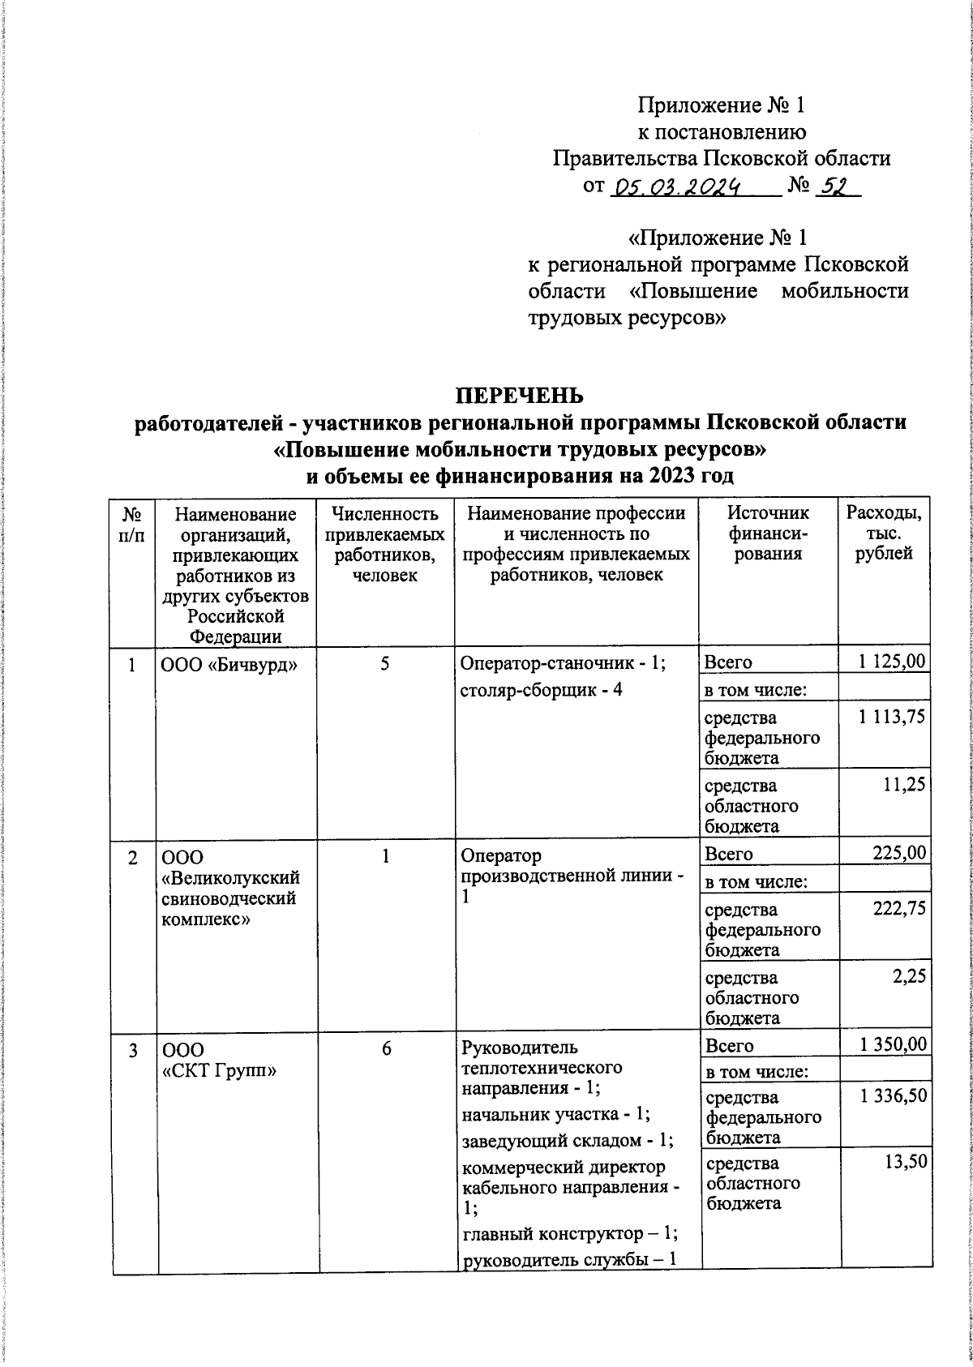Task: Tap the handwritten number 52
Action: coord(834,187)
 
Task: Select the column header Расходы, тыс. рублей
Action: coord(884,534)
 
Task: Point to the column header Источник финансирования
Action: coord(768,534)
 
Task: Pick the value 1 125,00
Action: coord(892,661)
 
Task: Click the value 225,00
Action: coord(898,853)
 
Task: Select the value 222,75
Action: coord(898,908)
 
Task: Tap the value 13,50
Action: coord(905,1162)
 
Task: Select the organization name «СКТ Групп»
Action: coord(220,1070)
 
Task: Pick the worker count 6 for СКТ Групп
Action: coord(386,1048)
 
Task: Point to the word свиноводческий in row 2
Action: coord(228,898)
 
